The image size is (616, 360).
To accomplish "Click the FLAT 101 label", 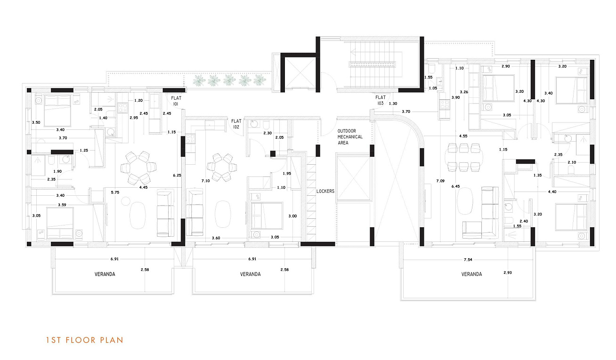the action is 176,101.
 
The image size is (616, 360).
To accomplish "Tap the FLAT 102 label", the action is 236,124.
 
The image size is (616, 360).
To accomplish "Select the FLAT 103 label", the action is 381,100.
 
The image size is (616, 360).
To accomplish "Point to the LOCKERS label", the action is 325,191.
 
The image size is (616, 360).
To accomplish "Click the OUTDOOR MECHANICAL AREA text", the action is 350,137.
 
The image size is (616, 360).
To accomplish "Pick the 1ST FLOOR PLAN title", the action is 85,340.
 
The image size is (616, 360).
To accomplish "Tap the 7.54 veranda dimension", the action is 468,260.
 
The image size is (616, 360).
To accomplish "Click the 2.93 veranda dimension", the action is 508,272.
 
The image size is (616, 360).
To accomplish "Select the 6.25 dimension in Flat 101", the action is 177,176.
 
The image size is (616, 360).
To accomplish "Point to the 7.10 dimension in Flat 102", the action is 205,181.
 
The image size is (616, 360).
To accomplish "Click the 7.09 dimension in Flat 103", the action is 440,181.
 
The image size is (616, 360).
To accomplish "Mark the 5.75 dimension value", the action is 115,192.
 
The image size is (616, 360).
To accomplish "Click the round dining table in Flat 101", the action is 138,168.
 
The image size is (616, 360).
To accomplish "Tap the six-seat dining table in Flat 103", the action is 464,158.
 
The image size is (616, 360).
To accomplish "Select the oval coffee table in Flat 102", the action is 223,214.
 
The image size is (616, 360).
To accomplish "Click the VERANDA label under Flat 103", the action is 471,274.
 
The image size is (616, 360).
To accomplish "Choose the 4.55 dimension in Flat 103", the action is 463,136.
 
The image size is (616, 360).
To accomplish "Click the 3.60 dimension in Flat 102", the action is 216,238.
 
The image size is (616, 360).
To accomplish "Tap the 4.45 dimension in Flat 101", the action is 143,187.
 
